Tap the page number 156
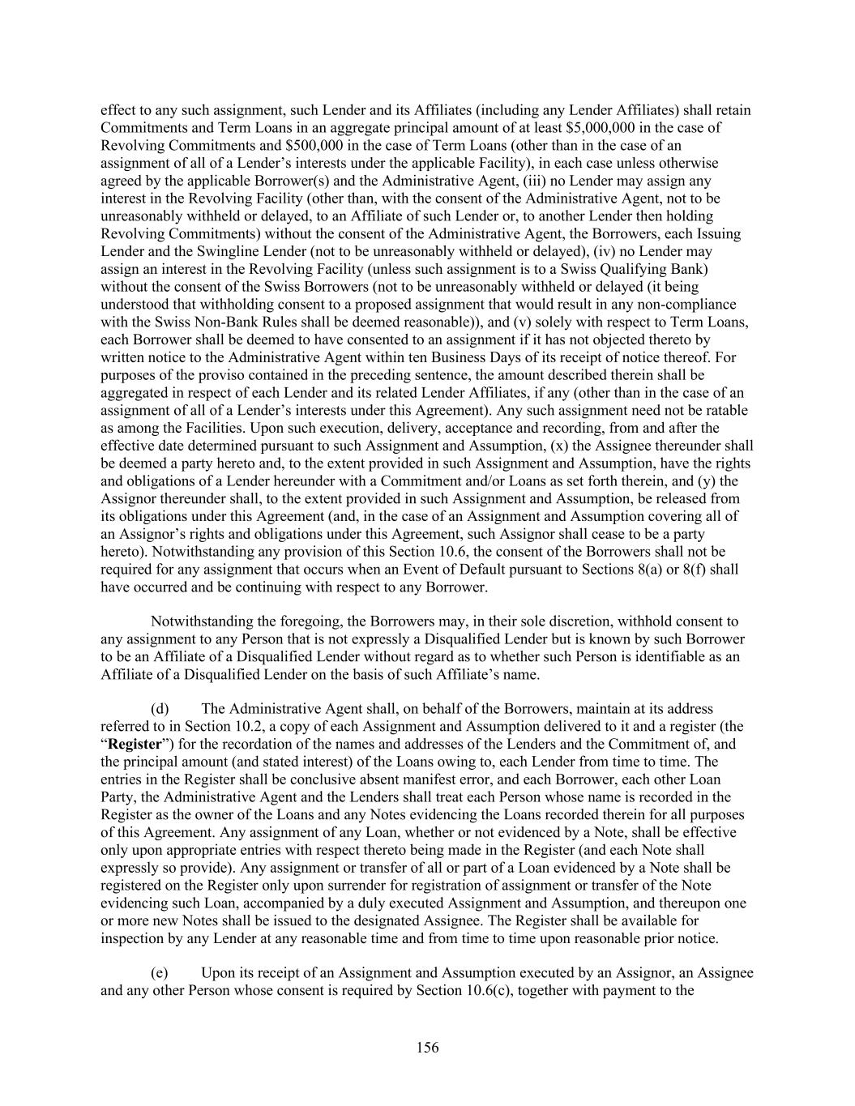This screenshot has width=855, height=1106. coord(427,1048)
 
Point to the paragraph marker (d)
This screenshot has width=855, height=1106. coord(160,709)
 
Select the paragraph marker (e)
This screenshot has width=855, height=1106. coord(160,972)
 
